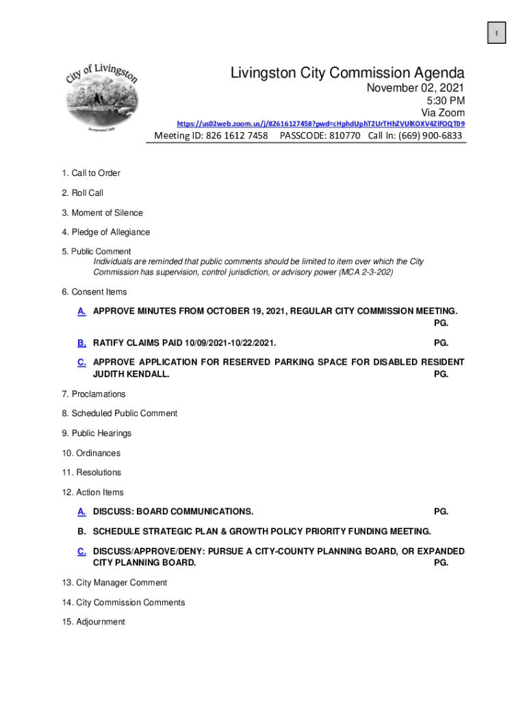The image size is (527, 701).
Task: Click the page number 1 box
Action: click(496, 32)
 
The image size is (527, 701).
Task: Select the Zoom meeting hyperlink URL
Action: click(321, 124)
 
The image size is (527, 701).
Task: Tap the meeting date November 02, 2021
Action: click(415, 88)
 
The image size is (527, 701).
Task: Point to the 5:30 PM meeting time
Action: click(444, 101)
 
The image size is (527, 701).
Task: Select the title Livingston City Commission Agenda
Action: click(348, 73)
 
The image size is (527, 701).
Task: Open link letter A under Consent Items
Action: click(81, 311)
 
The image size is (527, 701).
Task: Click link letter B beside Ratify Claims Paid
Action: click(81, 342)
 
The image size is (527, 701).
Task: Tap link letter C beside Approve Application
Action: click(81, 361)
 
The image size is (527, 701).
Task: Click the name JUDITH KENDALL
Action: click(131, 374)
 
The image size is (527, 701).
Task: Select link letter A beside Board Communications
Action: click(81, 511)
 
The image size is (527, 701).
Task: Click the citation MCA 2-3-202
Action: click(368, 272)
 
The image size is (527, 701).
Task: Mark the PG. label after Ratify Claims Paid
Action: click(441, 342)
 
